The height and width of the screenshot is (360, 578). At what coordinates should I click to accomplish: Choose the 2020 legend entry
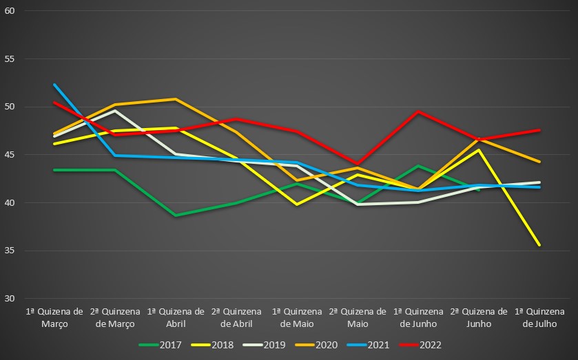pos(327,345)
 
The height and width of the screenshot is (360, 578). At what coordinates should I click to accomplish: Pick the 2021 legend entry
pos(380,345)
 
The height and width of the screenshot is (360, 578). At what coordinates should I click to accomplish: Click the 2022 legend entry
pos(431,345)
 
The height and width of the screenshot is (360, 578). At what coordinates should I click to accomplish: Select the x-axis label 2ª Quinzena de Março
pos(115,317)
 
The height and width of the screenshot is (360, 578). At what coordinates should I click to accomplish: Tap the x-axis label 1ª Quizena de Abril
pos(175,317)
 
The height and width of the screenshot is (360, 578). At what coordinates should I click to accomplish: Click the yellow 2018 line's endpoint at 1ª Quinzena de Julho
pos(539,245)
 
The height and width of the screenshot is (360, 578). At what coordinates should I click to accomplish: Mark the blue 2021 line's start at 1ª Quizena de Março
pos(54,85)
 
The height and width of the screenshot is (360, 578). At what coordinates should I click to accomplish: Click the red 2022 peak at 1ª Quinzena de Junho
pos(418,112)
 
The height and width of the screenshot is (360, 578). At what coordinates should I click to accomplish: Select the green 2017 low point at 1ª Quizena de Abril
pos(176,215)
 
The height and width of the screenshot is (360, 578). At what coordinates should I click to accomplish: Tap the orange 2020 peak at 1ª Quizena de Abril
pos(176,99)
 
